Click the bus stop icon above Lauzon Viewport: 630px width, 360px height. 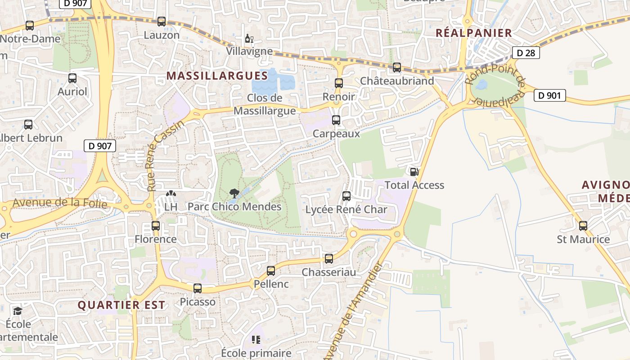pos(161,21)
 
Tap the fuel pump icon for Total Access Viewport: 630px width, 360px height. pos(414,171)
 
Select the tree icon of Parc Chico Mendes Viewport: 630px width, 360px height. pos(234,193)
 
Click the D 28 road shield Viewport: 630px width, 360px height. pos(526,53)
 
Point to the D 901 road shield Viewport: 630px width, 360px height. pos(549,95)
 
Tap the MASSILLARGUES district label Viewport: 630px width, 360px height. pos(217,76)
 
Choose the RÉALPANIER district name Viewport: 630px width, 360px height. pos(474,33)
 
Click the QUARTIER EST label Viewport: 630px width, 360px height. pos(121,305)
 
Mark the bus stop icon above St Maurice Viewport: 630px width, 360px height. pos(583,226)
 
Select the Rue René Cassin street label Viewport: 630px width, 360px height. pos(166,156)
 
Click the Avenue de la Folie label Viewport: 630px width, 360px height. pos(60,203)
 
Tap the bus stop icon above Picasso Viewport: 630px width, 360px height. pos(198,288)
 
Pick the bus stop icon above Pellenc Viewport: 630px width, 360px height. pos(270,270)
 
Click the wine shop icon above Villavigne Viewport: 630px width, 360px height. pos(249,38)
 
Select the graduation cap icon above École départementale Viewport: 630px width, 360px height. pos(18,311)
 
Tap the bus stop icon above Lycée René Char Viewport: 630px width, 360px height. pos(346,196)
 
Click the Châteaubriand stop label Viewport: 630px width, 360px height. pos(397,81)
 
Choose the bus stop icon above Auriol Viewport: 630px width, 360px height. pos(72,78)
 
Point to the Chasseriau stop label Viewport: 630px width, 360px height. pos(328,272)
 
